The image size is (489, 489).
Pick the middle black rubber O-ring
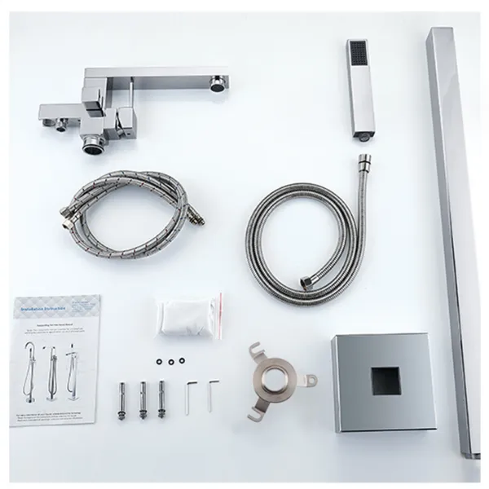(172, 360)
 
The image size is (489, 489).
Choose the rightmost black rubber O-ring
(183, 360)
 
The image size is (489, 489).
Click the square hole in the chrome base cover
(385, 381)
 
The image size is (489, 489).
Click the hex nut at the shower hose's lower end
(306, 282)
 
